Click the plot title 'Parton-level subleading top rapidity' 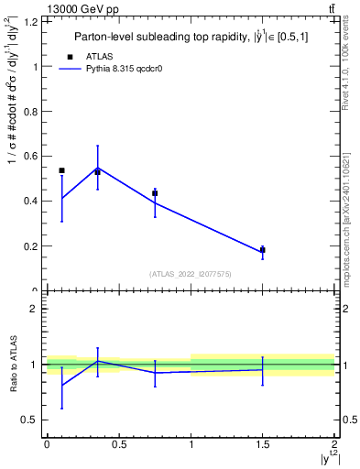[x=191, y=38]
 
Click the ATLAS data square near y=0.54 [x=61, y=170]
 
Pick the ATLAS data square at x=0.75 [x=155, y=193]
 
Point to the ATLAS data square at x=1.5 [x=263, y=249]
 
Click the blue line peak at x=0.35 [x=97, y=168]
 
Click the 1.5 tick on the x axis [x=263, y=443]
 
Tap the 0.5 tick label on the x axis [x=118, y=443]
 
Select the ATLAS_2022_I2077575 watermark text [x=191, y=274]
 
